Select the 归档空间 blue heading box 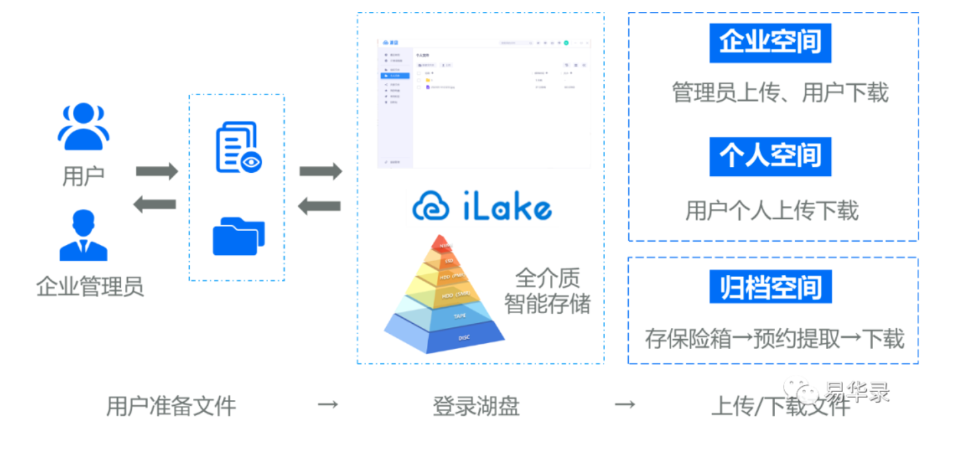[770, 287]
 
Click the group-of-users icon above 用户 [83, 126]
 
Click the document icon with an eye [238, 148]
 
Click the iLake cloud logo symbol [431, 206]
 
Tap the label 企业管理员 [90, 286]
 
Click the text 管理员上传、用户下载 [780, 93]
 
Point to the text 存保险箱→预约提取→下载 [774, 339]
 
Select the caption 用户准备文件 [171, 405]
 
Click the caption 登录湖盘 [476, 405]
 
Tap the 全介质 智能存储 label [547, 291]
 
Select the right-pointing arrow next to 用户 [157, 172]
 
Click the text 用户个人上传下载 [772, 211]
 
